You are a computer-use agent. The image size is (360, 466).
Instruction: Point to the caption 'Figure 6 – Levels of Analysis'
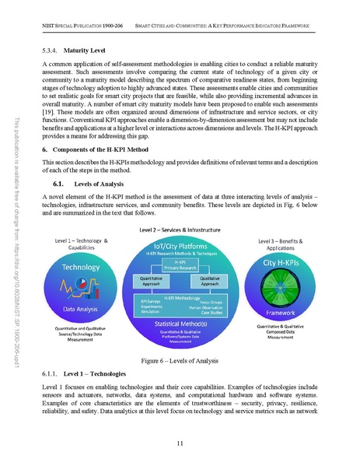[180, 362]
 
